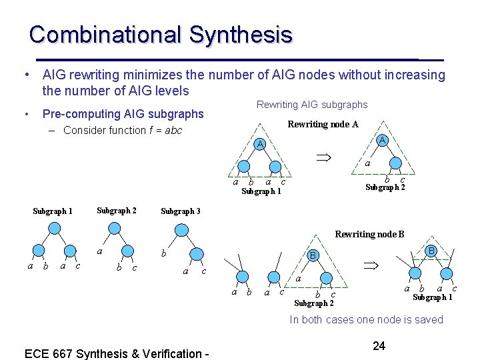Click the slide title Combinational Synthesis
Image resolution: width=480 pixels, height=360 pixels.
coord(161,35)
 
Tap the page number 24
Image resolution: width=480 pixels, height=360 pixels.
coord(379,345)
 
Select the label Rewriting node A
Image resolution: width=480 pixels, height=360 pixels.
coord(323,124)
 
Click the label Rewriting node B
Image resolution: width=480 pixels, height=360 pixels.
coord(369,234)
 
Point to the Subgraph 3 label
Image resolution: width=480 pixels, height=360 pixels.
coord(181,211)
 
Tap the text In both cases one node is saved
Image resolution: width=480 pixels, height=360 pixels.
coord(366,319)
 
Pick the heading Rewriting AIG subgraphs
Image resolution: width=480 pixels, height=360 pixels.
coord(312,105)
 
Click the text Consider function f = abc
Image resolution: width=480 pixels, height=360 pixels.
coord(122,130)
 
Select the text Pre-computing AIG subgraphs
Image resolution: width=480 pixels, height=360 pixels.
coord(123,114)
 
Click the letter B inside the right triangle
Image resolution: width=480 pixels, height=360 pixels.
coord(431,251)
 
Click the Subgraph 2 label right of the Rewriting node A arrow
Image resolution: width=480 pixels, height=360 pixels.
coord(385,187)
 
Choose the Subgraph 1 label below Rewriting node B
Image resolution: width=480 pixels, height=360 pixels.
coord(432,297)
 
